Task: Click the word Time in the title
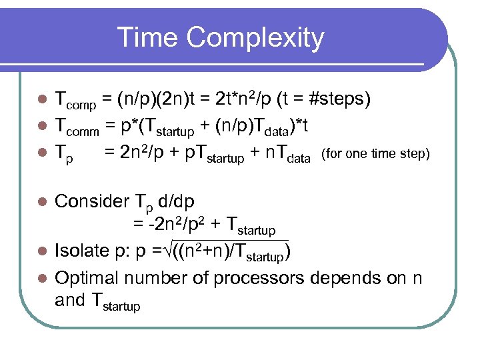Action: (148, 38)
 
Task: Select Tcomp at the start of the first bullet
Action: (75, 101)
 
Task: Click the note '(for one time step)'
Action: (376, 155)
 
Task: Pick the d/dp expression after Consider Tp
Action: (196, 202)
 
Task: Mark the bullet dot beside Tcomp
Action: (41, 100)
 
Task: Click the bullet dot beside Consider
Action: (41, 201)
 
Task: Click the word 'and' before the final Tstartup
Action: (69, 301)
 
